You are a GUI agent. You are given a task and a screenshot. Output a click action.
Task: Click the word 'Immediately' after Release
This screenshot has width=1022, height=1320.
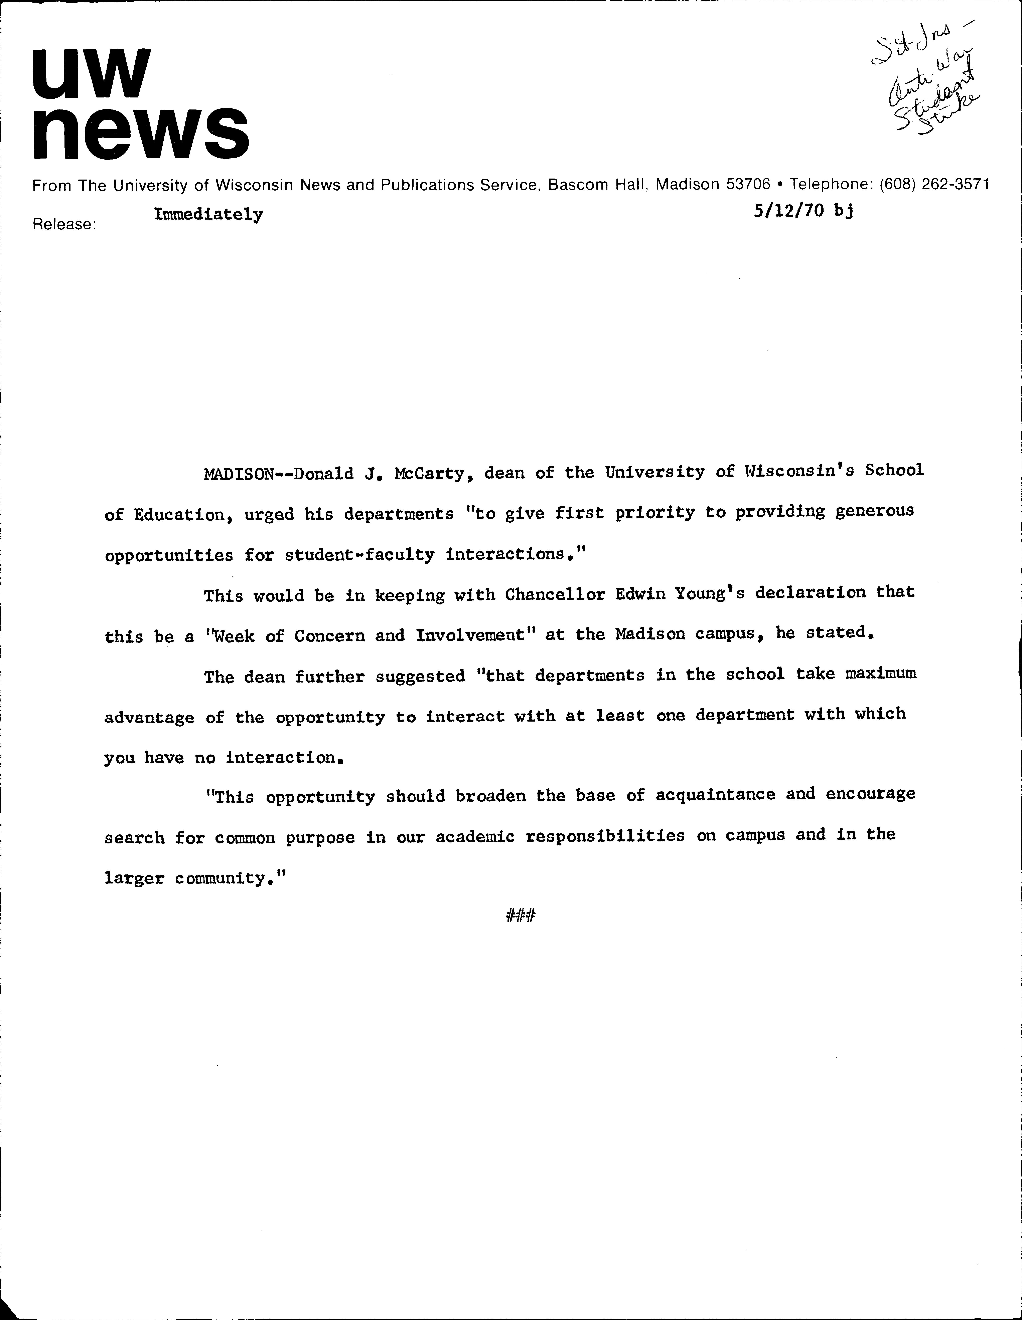209,214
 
